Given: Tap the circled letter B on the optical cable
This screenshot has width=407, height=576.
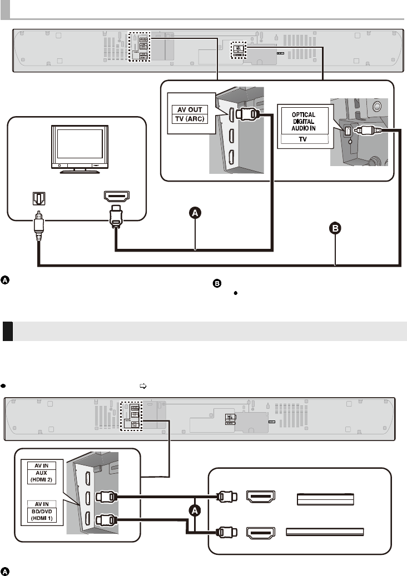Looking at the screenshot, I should pyautogui.click(x=336, y=228).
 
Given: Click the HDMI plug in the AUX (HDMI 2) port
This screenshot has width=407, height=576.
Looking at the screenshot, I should pyautogui.click(x=106, y=498).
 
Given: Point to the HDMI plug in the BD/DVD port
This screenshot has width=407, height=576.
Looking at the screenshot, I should pyautogui.click(x=106, y=520).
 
